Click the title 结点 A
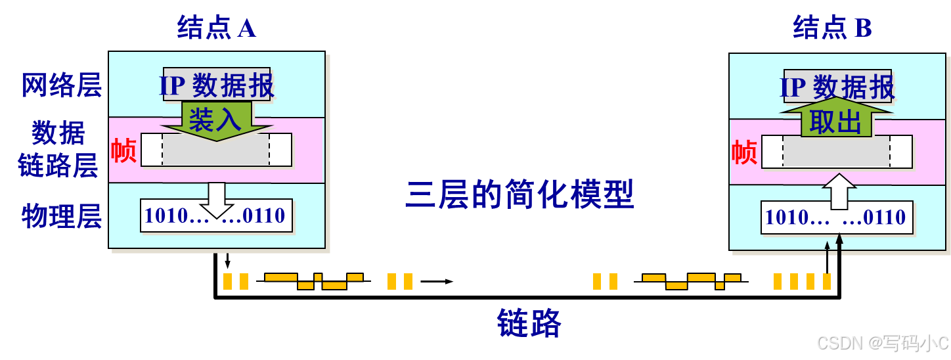pos(216,28)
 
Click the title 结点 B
pos(832,28)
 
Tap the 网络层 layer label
pos(62,85)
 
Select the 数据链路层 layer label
pos(58,150)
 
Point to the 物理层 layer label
pos(62,215)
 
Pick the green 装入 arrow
pos(215,120)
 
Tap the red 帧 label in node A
pos(123,150)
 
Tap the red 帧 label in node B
pos(744,152)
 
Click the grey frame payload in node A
pos(215,150)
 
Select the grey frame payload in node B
pos(837,152)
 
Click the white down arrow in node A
pos(215,200)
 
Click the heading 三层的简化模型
pos(520,194)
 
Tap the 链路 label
pos(529,323)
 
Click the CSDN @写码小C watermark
pos(881,342)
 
